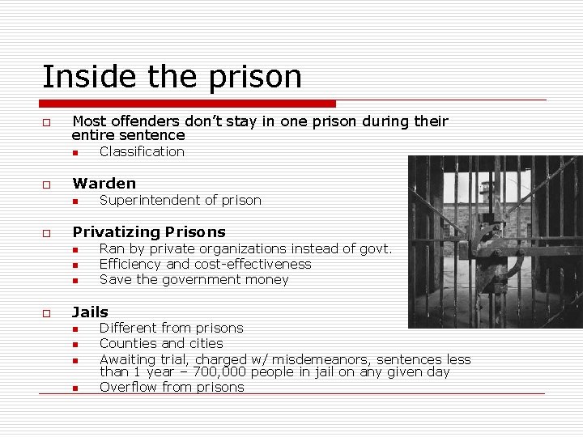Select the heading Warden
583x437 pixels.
point(104,184)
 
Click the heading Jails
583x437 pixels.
point(90,312)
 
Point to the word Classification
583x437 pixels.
point(142,152)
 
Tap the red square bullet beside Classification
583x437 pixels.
point(74,153)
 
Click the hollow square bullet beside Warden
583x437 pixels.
point(47,185)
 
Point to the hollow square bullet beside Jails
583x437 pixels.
point(47,313)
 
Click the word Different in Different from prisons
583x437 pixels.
point(130,329)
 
